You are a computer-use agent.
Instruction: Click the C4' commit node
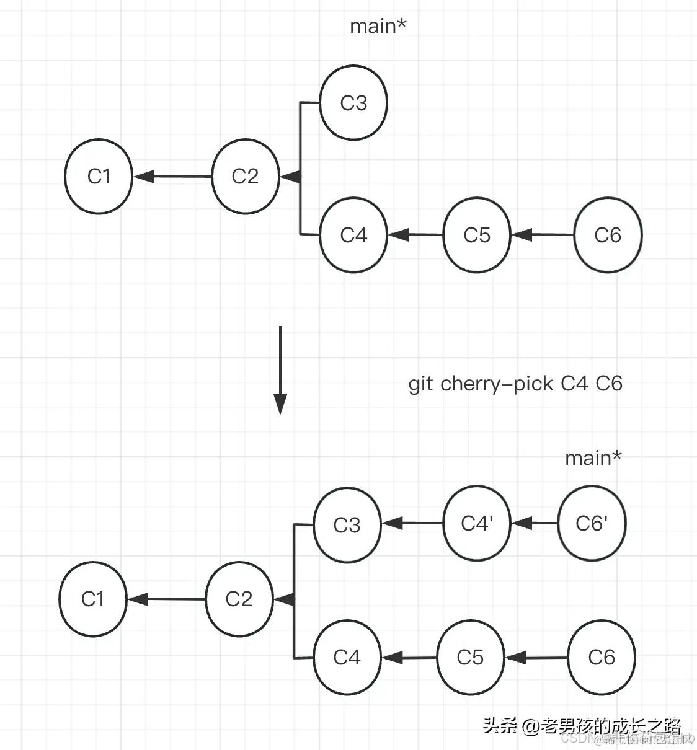[477, 523]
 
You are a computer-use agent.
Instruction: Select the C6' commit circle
[592, 523]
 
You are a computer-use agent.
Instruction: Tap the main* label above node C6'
[593, 458]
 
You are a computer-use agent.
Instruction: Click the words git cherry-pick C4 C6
[515, 384]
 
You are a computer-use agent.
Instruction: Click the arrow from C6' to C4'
[535, 523]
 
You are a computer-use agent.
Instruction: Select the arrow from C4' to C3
[412, 523]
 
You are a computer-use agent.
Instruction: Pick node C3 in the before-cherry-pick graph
[353, 103]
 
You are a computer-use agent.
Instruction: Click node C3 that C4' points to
[347, 525]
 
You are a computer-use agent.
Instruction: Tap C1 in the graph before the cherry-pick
[99, 177]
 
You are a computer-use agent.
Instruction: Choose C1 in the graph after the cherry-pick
[92, 599]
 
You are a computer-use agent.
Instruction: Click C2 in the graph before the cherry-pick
[245, 177]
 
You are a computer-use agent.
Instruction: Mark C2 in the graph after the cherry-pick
[239, 599]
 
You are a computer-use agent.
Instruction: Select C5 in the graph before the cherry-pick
[477, 235]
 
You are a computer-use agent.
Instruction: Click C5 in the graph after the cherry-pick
[470, 657]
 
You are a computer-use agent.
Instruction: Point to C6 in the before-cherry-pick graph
[608, 235]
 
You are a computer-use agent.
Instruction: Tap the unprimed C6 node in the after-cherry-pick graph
[602, 657]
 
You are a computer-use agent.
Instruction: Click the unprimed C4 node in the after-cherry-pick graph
[347, 657]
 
